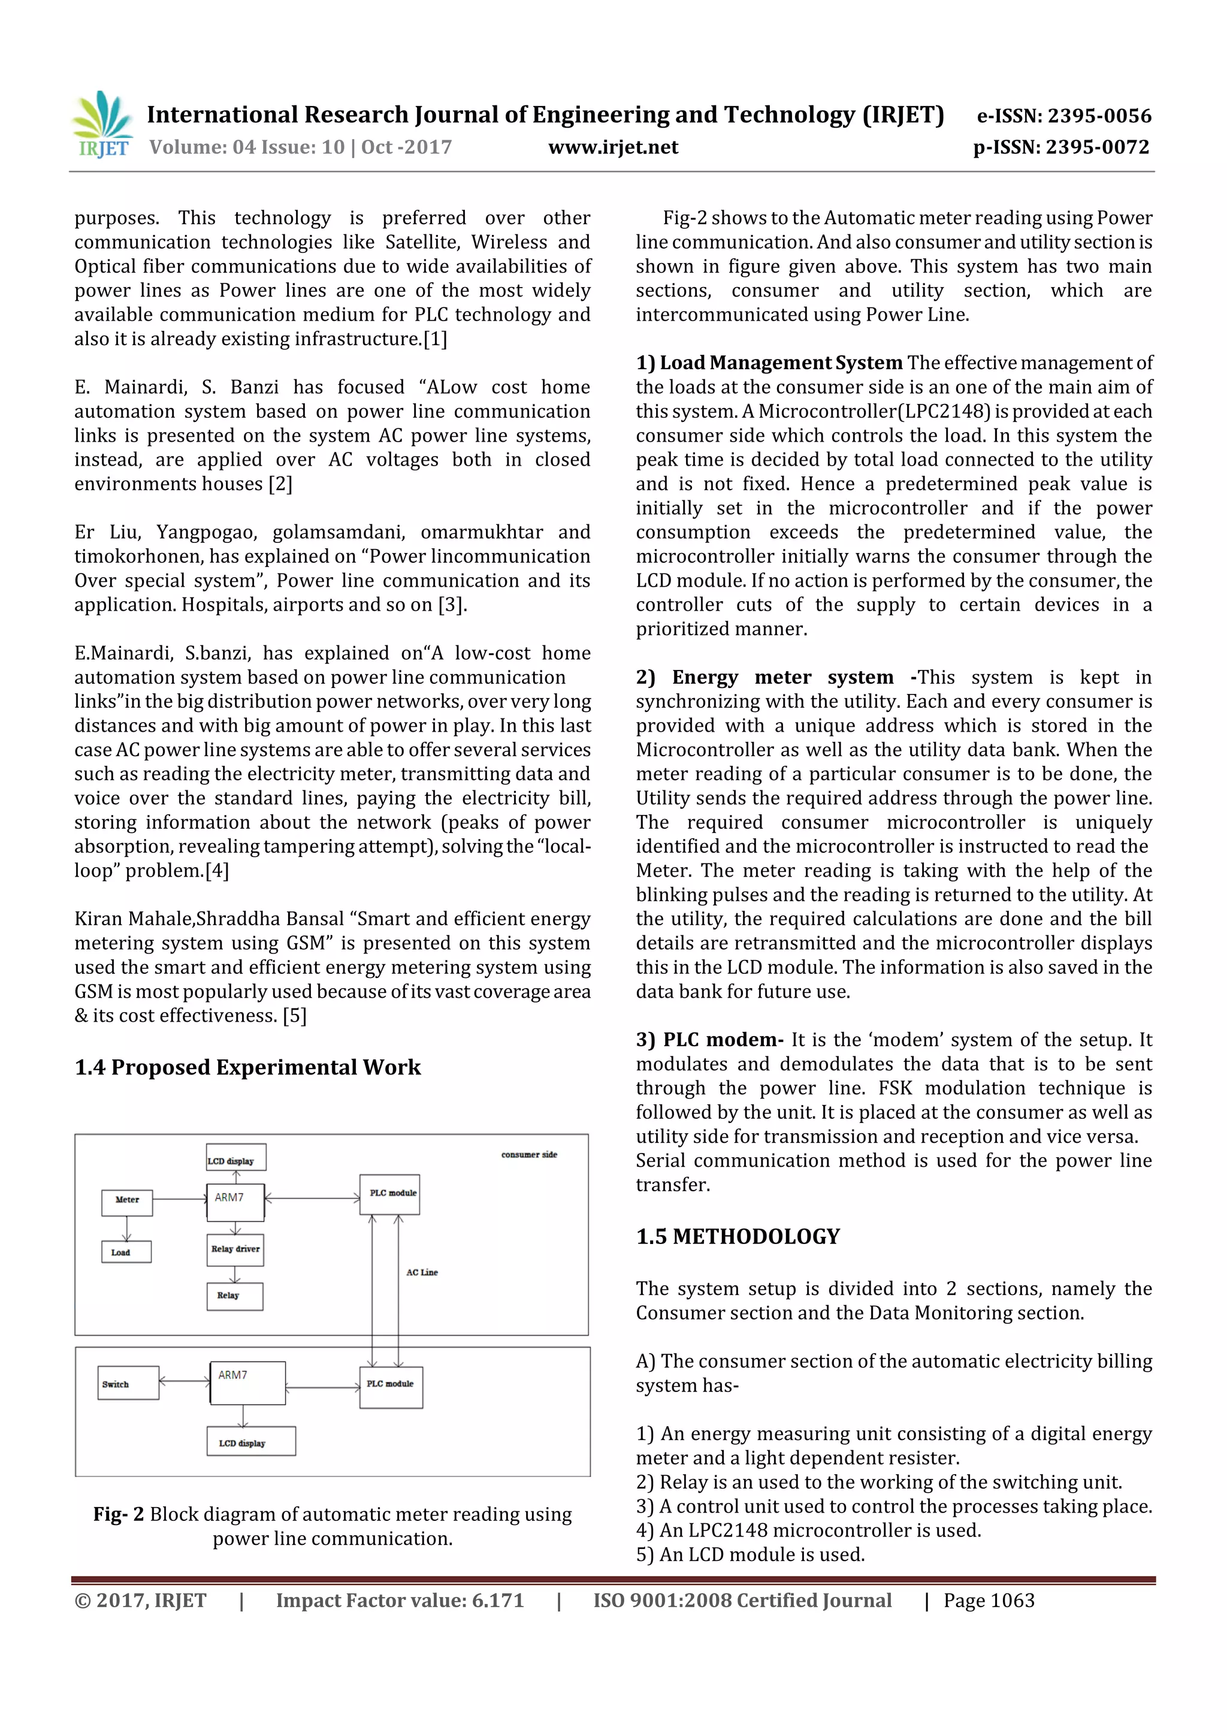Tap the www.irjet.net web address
point(612,147)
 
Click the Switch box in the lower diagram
point(128,1383)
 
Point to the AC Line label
point(422,1273)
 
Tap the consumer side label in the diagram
point(528,1155)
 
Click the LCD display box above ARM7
point(236,1158)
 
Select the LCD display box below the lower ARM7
point(251,1441)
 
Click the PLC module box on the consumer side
point(389,1195)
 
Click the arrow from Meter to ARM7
point(179,1199)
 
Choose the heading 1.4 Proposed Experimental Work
point(247,1068)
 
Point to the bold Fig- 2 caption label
point(118,1514)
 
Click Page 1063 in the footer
point(989,1601)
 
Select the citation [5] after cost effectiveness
point(294,1016)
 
